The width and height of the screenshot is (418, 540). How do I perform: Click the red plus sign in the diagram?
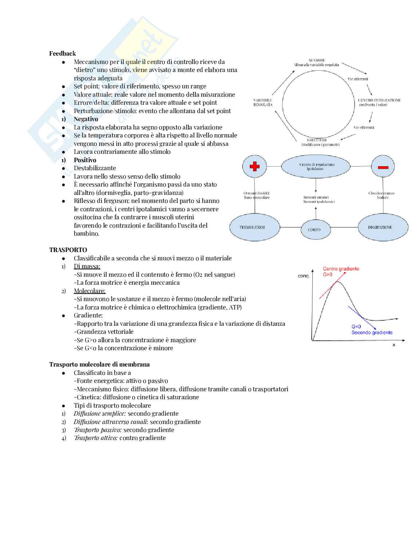[255, 167]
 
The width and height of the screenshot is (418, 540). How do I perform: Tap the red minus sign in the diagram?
[383, 167]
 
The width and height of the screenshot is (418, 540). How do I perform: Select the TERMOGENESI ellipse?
[255, 227]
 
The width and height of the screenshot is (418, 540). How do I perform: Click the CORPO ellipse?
[314, 229]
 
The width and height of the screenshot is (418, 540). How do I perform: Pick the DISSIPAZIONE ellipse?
[383, 227]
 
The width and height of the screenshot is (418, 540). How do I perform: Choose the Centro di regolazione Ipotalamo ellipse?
[316, 167]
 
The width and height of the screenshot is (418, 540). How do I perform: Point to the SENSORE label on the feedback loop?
[316, 60]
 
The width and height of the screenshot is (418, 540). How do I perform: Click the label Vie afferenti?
[358, 79]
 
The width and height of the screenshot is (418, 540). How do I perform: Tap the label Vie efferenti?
[364, 127]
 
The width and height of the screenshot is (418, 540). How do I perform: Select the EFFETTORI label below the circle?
[317, 140]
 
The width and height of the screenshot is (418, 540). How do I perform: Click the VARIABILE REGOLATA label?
[263, 102]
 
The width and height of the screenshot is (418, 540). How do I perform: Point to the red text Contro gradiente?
[341, 269]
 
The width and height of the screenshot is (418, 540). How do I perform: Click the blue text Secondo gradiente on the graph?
[372, 332]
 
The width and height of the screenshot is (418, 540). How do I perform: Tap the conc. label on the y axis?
[304, 276]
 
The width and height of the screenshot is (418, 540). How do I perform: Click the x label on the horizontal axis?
[394, 345]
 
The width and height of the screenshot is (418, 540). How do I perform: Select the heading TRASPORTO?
[68, 250]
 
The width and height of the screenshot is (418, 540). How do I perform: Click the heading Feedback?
[63, 53]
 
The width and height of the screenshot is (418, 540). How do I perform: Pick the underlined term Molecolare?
[90, 291]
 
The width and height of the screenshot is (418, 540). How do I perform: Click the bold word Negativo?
[86, 119]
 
